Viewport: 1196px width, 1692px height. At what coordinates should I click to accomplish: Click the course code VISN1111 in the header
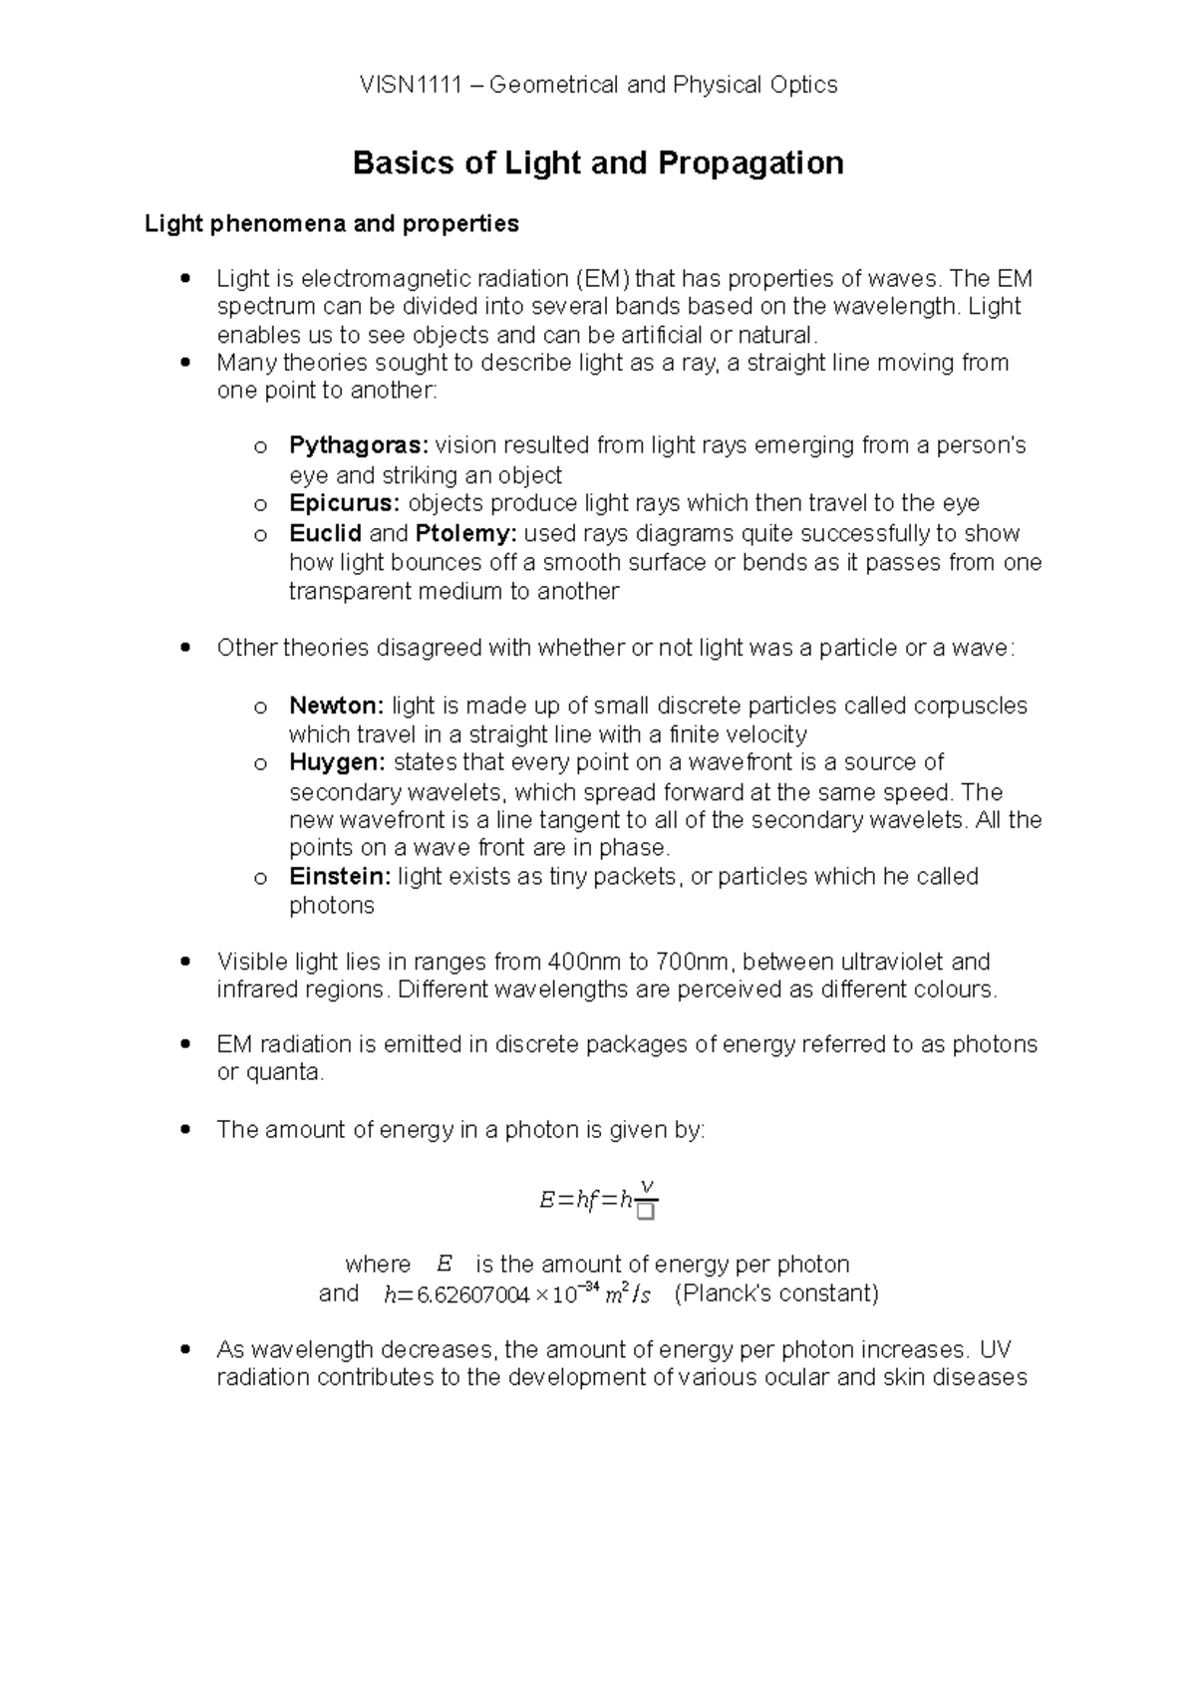tap(411, 86)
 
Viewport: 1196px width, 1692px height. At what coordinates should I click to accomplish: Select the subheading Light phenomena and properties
tap(332, 224)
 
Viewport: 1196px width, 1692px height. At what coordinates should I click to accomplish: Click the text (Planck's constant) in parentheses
tap(777, 1294)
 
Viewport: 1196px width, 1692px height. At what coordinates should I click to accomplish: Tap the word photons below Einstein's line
tap(332, 906)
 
